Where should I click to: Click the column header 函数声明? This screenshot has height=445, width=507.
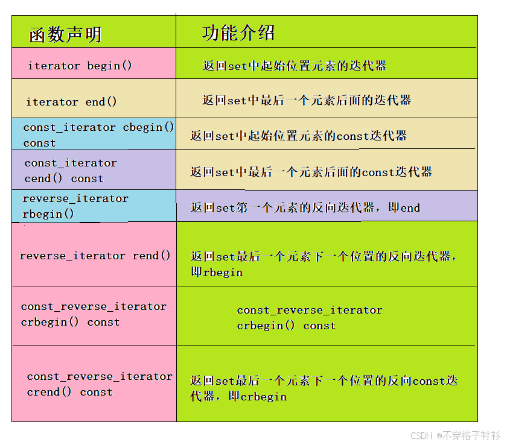[65, 34]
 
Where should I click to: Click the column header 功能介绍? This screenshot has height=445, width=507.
[238, 33]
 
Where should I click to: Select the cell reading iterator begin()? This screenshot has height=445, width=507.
[80, 66]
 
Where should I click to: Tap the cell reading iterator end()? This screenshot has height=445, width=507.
[71, 102]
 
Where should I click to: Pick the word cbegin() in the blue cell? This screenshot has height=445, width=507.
[148, 127]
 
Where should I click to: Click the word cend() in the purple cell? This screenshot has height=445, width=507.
[43, 178]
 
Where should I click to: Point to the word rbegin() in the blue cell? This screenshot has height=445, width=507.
[48, 214]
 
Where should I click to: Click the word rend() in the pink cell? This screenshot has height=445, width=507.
[151, 256]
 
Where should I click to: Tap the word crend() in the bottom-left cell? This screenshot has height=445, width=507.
[49, 392]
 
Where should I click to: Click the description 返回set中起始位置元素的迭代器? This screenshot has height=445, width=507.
[295, 66]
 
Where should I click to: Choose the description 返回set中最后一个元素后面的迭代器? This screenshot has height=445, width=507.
[307, 101]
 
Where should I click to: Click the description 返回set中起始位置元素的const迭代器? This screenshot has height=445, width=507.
[299, 136]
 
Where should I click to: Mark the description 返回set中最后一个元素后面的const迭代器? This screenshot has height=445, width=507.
[311, 172]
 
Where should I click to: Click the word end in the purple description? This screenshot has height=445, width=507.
[410, 207]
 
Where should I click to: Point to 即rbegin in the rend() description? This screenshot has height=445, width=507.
[217, 272]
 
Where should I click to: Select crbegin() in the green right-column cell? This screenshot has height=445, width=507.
[266, 326]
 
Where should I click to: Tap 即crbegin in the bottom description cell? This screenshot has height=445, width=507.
[258, 397]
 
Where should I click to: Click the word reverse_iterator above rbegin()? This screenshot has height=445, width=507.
[75, 198]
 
